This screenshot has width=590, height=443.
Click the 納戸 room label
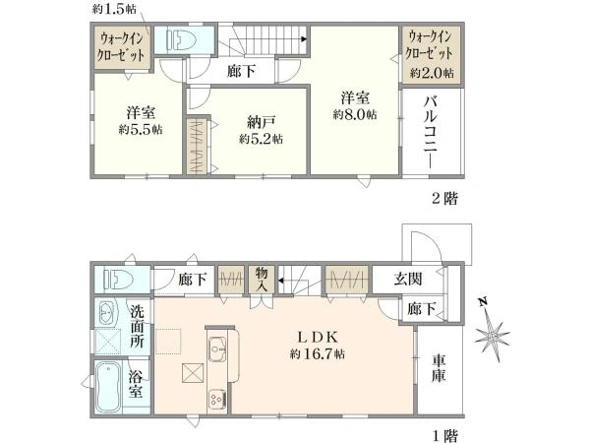(x=262, y=122)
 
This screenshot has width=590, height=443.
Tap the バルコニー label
(x=431, y=132)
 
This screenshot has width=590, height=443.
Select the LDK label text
(x=319, y=337)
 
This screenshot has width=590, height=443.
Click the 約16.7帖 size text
(x=318, y=353)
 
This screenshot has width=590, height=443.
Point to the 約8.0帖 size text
(x=355, y=114)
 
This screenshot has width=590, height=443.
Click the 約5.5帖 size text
(x=141, y=130)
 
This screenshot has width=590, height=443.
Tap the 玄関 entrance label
(x=408, y=279)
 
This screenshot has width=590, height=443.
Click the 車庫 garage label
(x=439, y=368)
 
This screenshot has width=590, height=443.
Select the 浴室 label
(x=135, y=384)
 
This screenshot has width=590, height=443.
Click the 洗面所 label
(x=138, y=326)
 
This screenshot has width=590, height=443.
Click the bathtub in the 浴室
(x=108, y=388)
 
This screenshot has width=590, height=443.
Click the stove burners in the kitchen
(x=217, y=398)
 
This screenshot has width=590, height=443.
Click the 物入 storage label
(x=262, y=280)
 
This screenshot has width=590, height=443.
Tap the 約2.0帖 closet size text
(x=432, y=73)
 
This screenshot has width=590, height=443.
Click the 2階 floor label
(x=444, y=198)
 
